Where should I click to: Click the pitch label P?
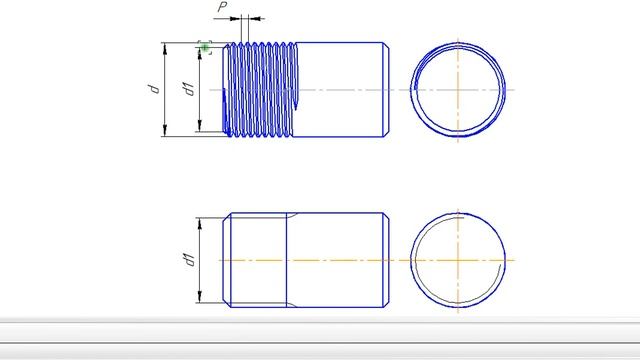(x=222, y=7)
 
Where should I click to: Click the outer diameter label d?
(x=154, y=89)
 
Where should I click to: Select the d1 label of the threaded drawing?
(x=189, y=89)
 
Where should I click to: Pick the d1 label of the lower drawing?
(x=189, y=260)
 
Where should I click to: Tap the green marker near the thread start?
(x=205, y=47)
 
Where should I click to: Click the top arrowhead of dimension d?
(x=165, y=48)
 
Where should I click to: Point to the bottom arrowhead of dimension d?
(x=165, y=131)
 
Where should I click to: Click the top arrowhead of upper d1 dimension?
(x=200, y=53)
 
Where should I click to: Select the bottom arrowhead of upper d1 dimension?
(x=200, y=126)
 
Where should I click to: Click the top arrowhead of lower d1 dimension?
(x=200, y=224)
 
